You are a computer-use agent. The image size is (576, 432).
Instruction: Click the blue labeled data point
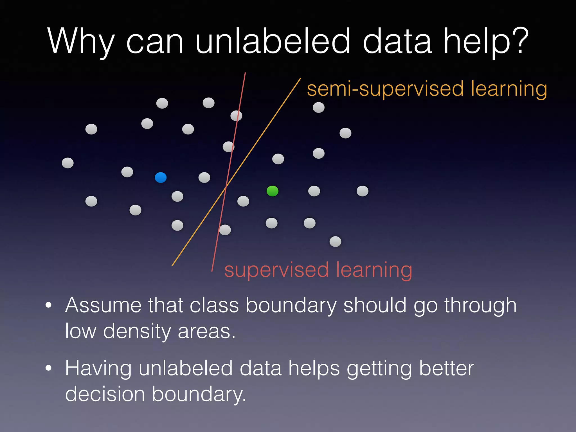[161, 177]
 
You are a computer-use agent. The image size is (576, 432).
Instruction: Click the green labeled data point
[272, 191]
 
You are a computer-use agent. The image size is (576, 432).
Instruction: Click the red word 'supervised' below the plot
[276, 270]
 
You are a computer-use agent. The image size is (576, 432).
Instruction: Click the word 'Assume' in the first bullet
[103, 305]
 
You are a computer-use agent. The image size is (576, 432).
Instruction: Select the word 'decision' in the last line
[105, 394]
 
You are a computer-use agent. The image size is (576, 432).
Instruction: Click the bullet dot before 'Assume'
[49, 305]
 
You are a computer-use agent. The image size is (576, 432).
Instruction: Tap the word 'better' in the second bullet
[446, 368]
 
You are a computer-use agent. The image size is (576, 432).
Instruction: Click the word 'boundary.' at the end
[199, 394]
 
